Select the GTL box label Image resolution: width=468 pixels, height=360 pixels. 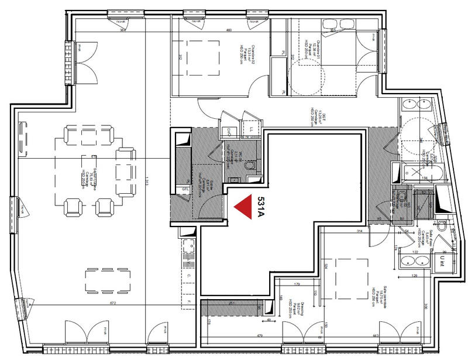(x=185, y=190)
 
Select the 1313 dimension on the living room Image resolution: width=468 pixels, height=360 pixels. (x=147, y=181)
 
